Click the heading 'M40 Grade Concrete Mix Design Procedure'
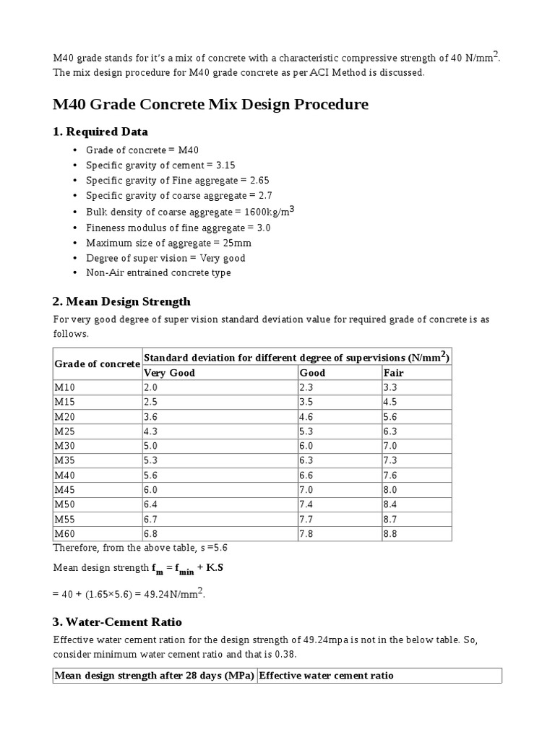click(x=210, y=105)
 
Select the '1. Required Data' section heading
click(x=100, y=132)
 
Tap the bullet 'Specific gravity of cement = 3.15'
click(x=160, y=165)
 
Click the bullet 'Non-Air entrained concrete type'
click(x=158, y=273)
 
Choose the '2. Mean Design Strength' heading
click(x=122, y=301)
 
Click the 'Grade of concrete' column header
click(x=97, y=363)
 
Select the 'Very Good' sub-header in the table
click(x=170, y=373)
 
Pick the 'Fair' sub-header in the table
click(x=394, y=373)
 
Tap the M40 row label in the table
click(x=65, y=475)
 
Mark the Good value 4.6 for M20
click(x=307, y=416)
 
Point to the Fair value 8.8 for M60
click(x=391, y=533)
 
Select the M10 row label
click(x=65, y=387)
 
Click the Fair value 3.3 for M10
click(x=391, y=387)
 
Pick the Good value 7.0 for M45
click(x=307, y=489)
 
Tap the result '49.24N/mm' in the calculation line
click(x=173, y=595)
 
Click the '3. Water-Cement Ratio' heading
click(x=118, y=621)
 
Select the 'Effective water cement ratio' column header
click(x=326, y=676)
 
